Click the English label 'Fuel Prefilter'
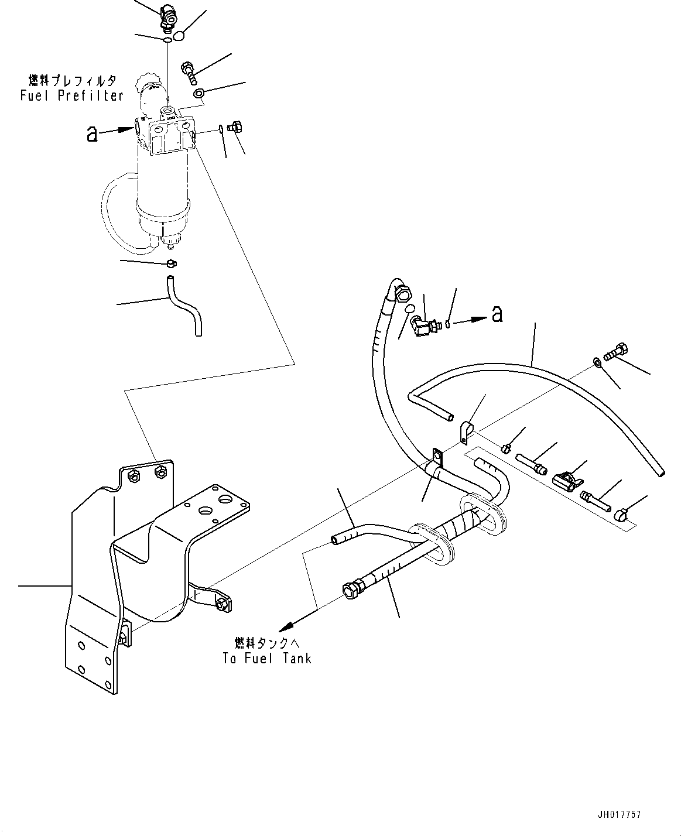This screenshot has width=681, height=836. (x=71, y=95)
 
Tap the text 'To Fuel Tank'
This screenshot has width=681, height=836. (x=266, y=658)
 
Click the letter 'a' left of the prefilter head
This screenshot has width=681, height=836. (x=92, y=133)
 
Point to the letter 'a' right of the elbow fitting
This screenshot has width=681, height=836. (x=497, y=314)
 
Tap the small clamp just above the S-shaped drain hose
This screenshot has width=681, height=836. (x=170, y=263)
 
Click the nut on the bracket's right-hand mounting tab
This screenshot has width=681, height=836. (x=222, y=605)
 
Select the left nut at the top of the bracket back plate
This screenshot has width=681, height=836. (x=133, y=478)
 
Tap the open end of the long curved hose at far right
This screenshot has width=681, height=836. (x=661, y=472)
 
